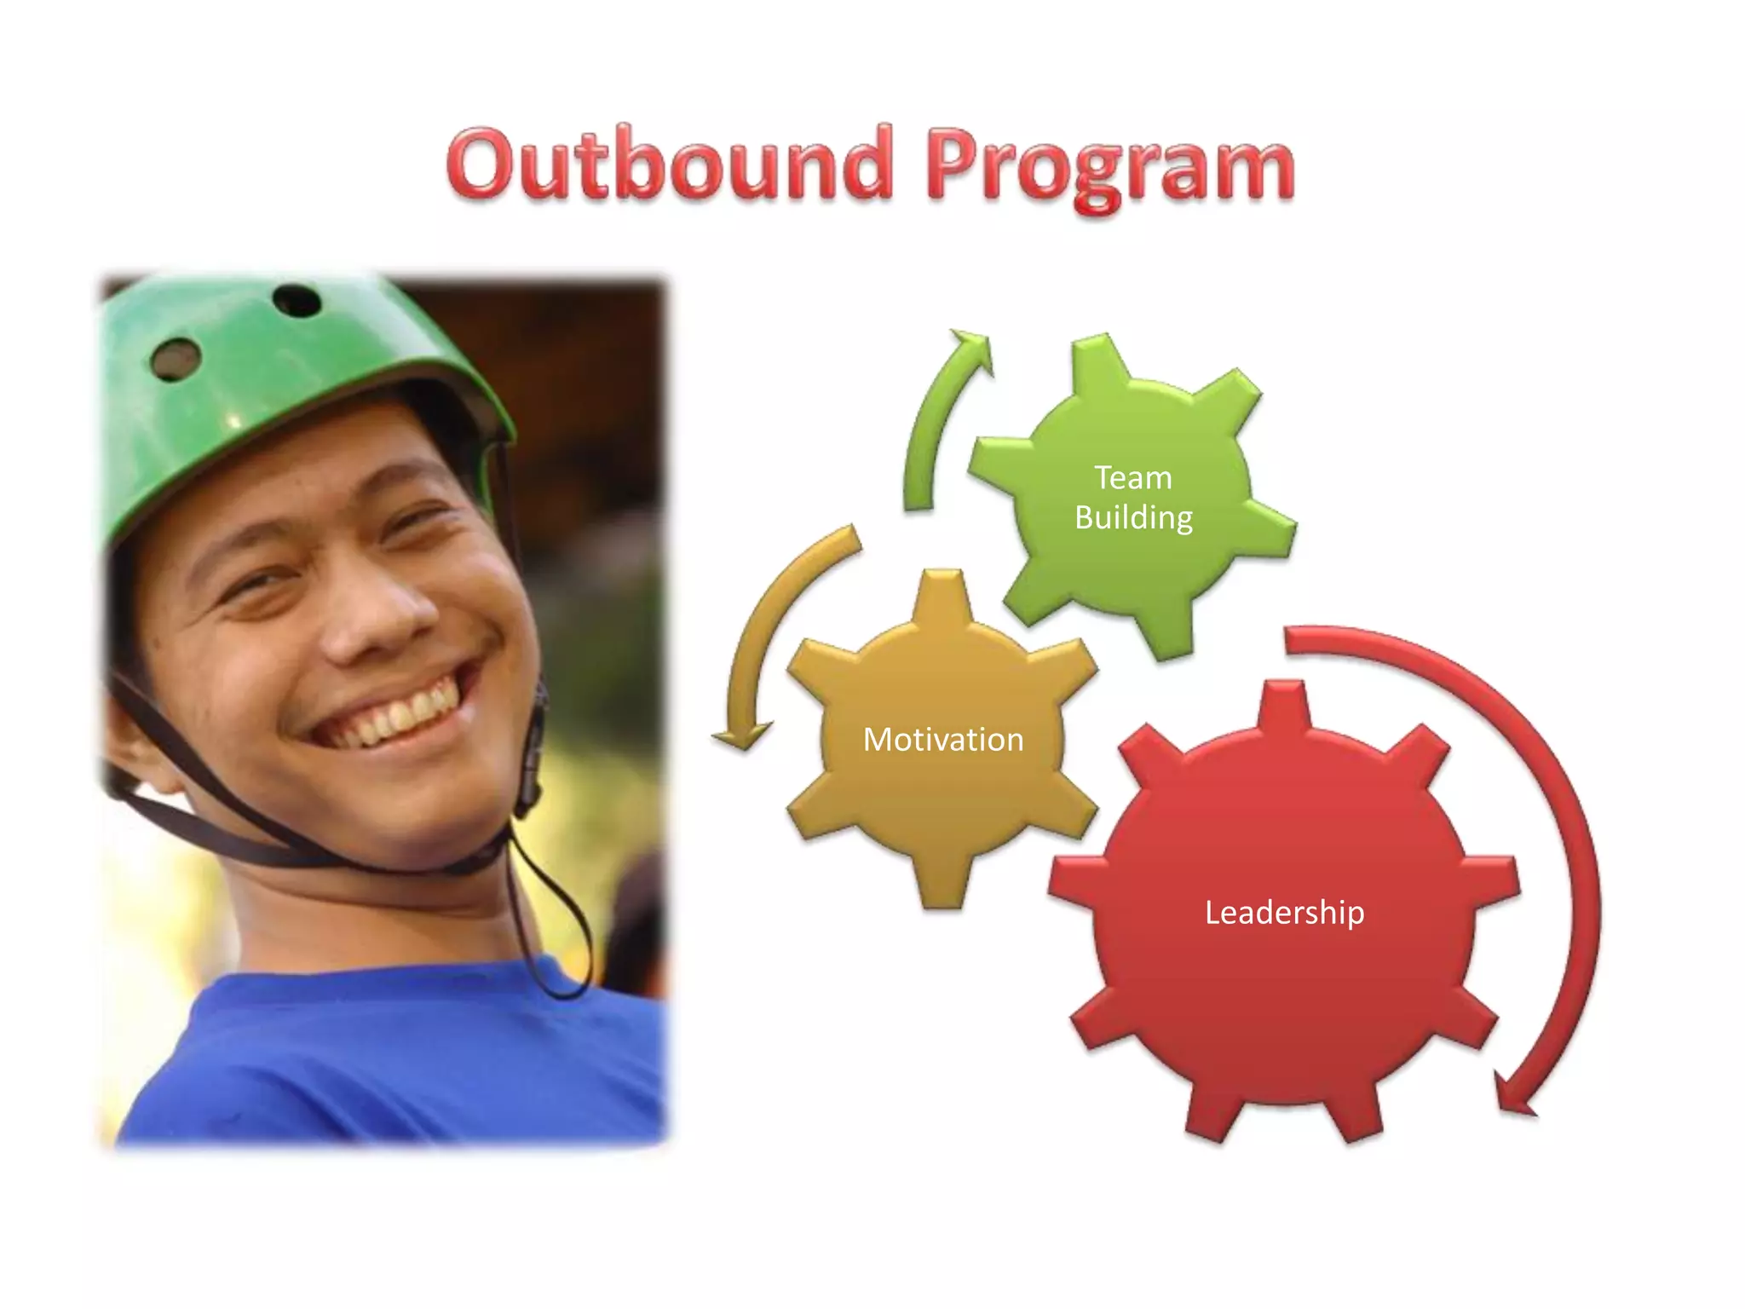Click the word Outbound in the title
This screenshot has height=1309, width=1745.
point(669,164)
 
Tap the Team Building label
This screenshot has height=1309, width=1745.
point(1133,498)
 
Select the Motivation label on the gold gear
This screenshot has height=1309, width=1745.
point(943,740)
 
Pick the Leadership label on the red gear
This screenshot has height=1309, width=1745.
point(1284,913)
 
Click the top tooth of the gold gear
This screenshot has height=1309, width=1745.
point(942,597)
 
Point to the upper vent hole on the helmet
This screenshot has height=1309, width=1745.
point(297,300)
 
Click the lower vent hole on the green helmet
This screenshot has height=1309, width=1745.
point(176,359)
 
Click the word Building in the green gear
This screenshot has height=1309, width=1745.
point(1133,517)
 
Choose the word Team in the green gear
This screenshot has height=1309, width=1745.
point(1133,478)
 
